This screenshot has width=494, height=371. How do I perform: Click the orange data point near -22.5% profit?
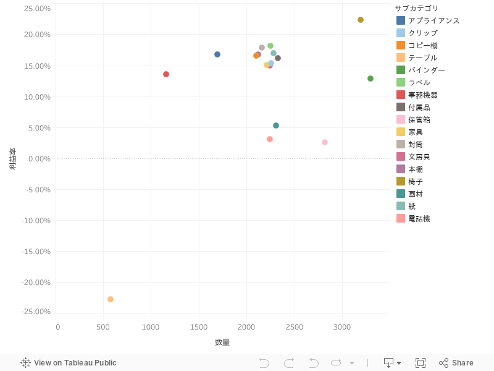point(111,299)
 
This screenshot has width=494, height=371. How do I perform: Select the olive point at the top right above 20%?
point(361,20)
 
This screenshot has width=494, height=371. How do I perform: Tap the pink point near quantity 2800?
point(325,142)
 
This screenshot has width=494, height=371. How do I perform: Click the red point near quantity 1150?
point(166,74)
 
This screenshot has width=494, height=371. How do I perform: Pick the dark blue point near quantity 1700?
point(217,54)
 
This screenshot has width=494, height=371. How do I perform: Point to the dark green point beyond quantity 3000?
point(371,79)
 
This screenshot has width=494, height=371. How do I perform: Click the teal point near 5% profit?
point(276,126)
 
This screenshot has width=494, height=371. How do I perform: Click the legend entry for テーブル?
point(422,58)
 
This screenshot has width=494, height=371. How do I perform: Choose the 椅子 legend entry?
point(415,181)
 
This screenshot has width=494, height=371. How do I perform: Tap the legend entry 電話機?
point(419,218)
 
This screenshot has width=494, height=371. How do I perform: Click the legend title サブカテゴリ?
point(417,8)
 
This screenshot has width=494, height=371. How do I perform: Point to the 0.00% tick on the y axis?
point(38,159)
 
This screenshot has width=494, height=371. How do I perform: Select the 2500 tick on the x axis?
point(295,326)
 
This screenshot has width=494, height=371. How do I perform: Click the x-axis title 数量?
point(222,342)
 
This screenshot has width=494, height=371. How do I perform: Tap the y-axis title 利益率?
point(12,159)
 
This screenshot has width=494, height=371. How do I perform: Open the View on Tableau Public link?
point(69,363)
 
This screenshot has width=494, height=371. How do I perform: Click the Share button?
point(456,363)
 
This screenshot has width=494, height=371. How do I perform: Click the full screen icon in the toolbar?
point(421,363)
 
